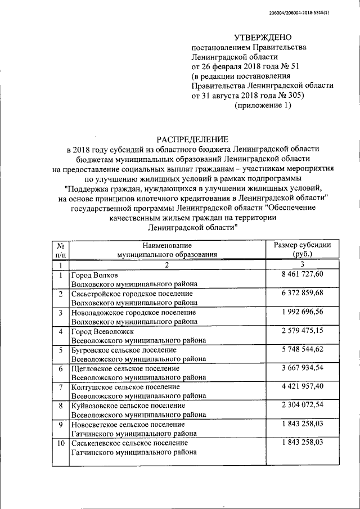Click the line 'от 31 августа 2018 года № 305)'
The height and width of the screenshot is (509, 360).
tap(248, 96)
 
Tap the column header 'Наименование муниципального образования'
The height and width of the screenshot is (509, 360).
tap(167, 249)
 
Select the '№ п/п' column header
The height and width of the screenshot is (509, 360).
tap(60, 249)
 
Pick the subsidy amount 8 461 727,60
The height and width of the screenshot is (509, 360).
tap(302, 274)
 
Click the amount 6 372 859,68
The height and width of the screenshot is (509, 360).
tap(302, 294)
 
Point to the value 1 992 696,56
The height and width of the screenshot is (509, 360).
tap(302, 312)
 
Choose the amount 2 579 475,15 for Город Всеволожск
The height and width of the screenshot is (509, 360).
tap(302, 331)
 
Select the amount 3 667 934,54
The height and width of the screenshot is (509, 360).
tap(302, 368)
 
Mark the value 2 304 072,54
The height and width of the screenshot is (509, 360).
tap(302, 406)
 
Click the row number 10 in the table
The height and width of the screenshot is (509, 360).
tap(60, 443)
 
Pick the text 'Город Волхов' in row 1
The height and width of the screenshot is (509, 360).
tap(94, 275)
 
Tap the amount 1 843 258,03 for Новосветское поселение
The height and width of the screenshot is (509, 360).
tap(302, 424)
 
